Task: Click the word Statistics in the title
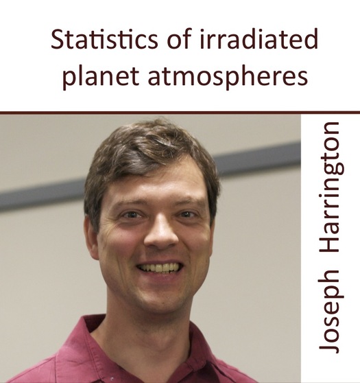104,39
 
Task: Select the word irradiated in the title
259,39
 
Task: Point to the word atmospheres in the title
228,76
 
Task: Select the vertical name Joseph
328,312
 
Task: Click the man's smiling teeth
160,268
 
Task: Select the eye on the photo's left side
131,215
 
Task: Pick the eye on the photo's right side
187,214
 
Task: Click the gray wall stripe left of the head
42,194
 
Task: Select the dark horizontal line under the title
180,113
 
